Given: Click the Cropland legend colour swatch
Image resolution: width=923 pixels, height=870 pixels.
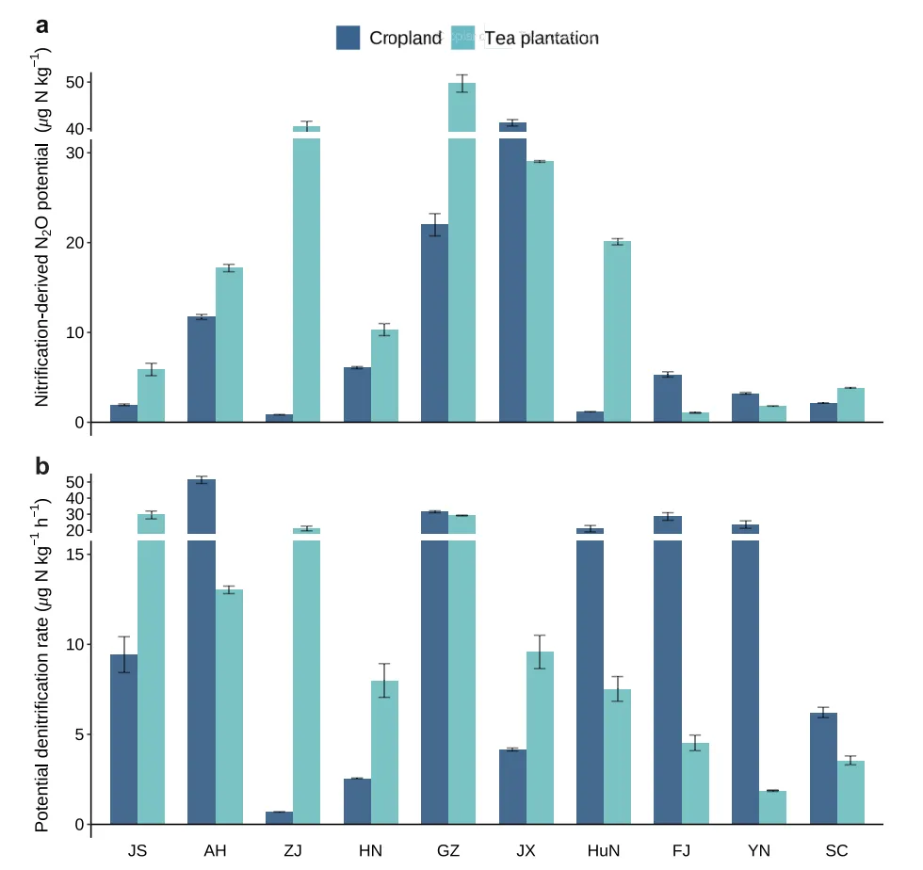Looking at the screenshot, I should (x=348, y=38).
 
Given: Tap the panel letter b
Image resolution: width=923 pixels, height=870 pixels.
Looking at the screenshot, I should (x=42, y=466).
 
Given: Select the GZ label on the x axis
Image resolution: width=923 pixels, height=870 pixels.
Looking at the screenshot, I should (x=448, y=851).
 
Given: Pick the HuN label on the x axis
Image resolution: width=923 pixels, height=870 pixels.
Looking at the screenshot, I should (x=603, y=851).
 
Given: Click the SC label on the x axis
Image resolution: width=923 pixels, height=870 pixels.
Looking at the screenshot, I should (x=836, y=851).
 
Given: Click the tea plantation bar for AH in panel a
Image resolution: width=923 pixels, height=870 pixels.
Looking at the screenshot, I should (x=229, y=345).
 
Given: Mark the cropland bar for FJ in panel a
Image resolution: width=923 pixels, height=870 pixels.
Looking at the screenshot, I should (x=667, y=398).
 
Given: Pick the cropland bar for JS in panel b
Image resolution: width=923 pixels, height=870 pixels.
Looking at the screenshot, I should (x=123, y=739).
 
